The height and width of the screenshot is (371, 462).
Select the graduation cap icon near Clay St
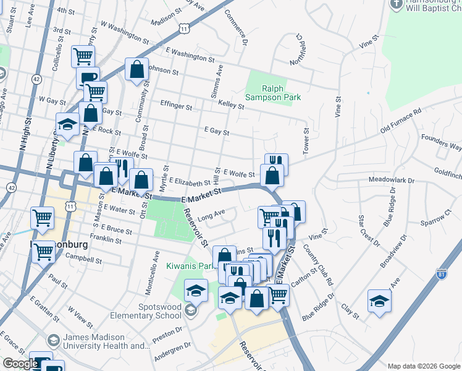pyautogui.click(x=379, y=301)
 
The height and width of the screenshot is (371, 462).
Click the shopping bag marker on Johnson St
pyautogui.click(x=136, y=70)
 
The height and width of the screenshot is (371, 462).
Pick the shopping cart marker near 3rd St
pyautogui.click(x=83, y=56)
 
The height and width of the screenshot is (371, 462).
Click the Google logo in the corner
pyautogui.click(x=20, y=364)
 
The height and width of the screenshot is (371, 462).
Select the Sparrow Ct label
pyautogui.click(x=438, y=219)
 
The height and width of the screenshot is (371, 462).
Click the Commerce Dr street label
pyautogui.click(x=236, y=27)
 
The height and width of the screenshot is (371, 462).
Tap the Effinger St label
pyautogui.click(x=176, y=105)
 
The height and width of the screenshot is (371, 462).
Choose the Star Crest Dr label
pyautogui.click(x=364, y=228)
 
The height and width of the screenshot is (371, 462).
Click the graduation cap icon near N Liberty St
pyautogui.click(x=67, y=124)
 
